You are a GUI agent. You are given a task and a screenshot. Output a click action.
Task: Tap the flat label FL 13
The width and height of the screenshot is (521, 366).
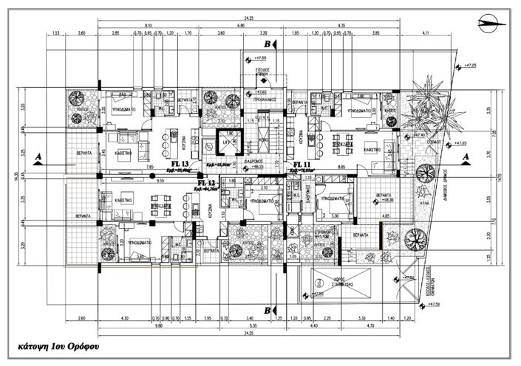coord(180,164)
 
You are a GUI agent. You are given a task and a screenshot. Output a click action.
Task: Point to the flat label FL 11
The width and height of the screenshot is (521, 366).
coord(303,164)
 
